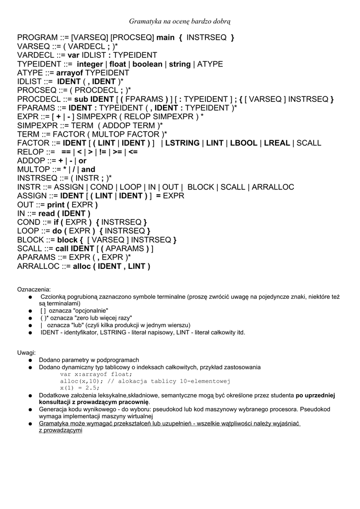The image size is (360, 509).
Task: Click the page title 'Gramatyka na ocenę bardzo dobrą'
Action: coord(180,21)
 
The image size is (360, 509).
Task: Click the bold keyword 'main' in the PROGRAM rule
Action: coord(166,38)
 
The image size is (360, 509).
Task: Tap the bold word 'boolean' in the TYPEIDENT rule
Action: coord(147,64)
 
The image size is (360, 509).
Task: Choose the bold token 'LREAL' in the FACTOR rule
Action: coord(277,143)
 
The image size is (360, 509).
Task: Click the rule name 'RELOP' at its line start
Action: coord(30,152)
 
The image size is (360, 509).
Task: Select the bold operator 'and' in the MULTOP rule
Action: coord(88,170)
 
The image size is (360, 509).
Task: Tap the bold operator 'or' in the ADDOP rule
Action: coord(83,161)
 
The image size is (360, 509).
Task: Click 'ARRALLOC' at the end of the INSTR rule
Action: coord(273,187)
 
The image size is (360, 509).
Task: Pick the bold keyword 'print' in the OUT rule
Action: coord(57,205)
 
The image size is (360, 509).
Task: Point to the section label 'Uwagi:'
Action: coord(26,352)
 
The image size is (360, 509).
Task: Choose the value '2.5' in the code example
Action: coord(93,388)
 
